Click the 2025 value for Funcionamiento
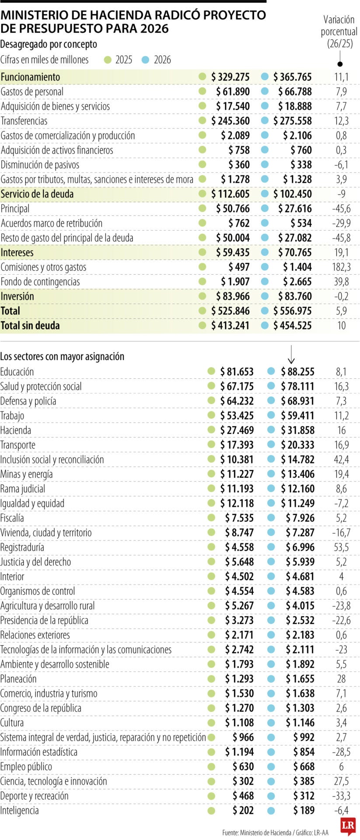point(230,77)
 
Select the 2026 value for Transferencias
point(292,121)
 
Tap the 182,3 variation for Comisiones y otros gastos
point(341,267)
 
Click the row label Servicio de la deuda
point(37,194)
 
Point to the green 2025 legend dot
point(108,60)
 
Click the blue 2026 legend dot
point(146,60)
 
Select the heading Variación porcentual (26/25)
point(339,31)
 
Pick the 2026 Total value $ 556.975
point(292,311)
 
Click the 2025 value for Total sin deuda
point(230,325)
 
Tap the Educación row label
point(17,372)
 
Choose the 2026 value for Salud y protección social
point(297,386)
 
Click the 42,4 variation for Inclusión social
point(341,459)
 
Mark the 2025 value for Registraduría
point(239,547)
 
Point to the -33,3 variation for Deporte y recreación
point(341,796)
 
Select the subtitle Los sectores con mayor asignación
point(62,357)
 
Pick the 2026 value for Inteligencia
point(304,810)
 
